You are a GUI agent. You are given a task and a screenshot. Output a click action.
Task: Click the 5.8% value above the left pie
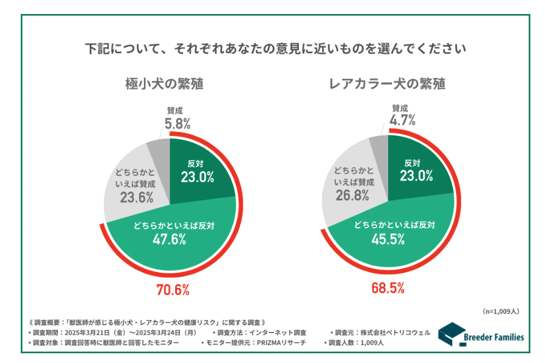177,123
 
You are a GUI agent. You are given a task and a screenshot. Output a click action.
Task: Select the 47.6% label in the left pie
170,239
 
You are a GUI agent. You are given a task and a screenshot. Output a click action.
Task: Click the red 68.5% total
388,288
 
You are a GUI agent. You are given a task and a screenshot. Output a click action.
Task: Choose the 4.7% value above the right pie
402,120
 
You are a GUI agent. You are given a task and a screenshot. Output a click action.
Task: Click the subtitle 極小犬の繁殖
164,84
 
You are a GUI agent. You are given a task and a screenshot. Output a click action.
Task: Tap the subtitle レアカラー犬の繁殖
387,84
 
